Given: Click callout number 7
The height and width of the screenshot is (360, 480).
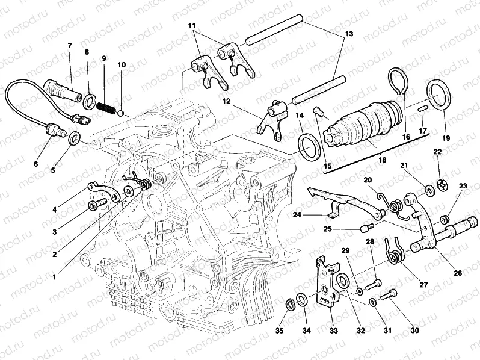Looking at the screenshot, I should click(x=69, y=46).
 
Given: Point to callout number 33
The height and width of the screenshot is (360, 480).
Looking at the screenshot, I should click(x=333, y=331).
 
